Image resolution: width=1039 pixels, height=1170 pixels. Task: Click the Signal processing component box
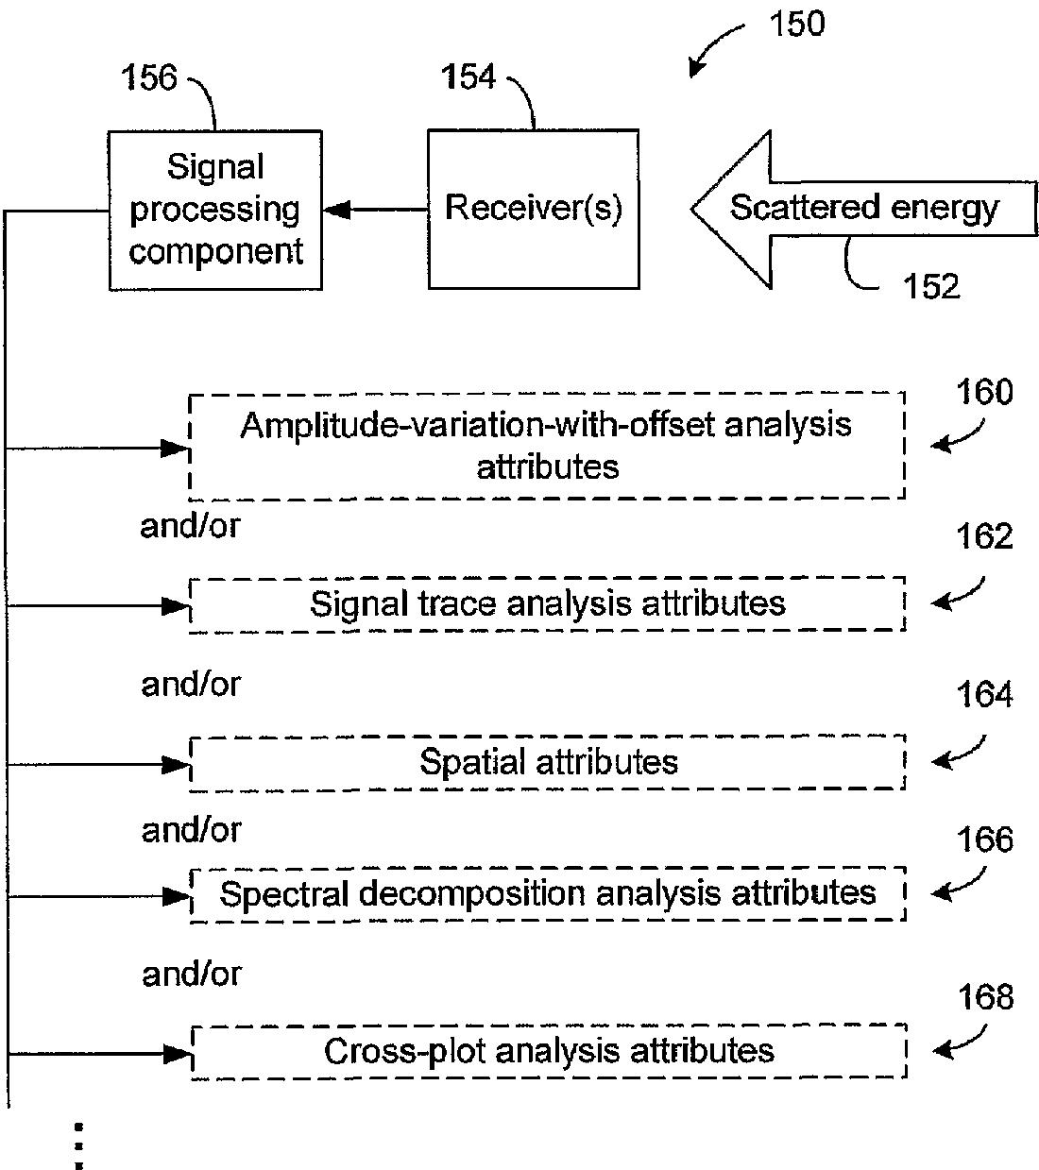coord(215,210)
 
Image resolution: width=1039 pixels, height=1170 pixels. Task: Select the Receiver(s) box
coord(533,209)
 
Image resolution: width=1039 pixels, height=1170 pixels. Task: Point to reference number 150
coord(796,24)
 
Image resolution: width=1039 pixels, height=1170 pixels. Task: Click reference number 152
coord(930,286)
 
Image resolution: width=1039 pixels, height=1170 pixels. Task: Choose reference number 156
coord(148,77)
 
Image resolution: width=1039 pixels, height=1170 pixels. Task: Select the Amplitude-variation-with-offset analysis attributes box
coord(547,446)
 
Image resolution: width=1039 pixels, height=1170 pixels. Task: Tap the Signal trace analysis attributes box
coord(547,603)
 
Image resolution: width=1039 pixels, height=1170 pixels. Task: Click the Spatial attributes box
coord(547,762)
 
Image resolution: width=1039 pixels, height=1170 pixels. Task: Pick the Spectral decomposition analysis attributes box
coord(547,893)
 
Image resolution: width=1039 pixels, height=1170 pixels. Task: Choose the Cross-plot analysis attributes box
coord(549,1051)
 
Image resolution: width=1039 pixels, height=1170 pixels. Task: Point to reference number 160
coord(984,393)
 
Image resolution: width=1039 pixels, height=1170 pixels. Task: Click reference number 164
coord(984,695)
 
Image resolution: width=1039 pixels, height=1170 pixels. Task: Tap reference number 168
coord(985,997)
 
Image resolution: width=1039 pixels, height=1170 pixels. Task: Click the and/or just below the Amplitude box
coord(190,526)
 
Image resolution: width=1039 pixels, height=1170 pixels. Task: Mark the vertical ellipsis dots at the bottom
coord(79,1145)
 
